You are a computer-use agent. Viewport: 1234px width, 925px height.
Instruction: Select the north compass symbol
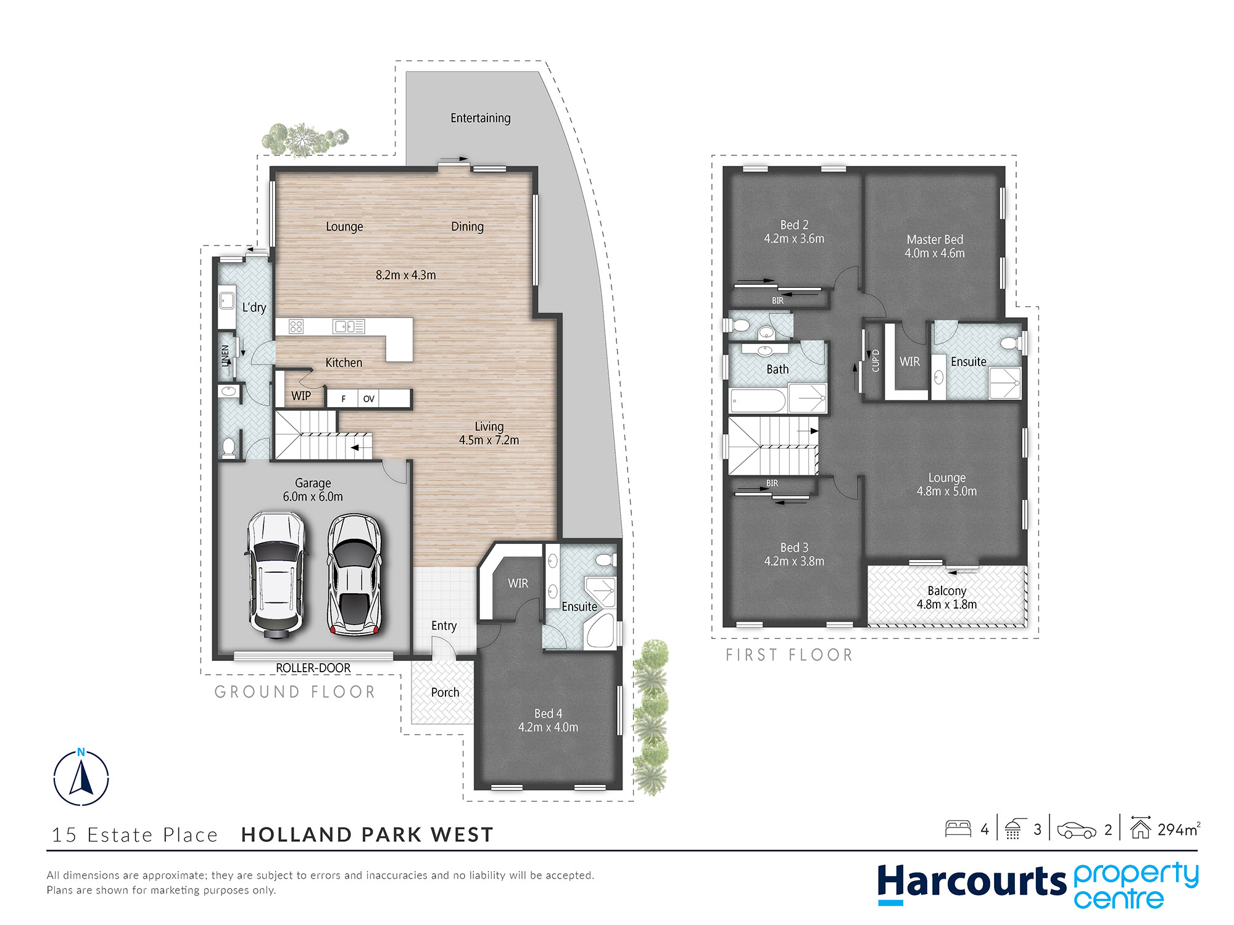81,777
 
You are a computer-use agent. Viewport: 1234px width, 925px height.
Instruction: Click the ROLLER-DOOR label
313,668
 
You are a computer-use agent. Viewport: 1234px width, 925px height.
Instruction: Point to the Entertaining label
481,118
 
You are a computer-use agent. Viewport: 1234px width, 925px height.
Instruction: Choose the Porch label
445,693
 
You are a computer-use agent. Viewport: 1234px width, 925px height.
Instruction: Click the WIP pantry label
301,396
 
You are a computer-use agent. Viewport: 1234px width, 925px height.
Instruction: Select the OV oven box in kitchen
368,399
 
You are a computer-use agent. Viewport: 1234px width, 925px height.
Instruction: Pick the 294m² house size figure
1179,829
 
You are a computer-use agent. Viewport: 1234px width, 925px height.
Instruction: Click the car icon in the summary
1077,830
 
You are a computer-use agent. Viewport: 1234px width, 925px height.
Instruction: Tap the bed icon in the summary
958,828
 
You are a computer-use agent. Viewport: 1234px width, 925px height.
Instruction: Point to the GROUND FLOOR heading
295,692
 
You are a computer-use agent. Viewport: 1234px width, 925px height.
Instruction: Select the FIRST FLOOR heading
789,655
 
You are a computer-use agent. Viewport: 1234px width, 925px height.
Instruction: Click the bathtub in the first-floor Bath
758,401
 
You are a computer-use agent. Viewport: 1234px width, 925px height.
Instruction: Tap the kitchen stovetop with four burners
296,326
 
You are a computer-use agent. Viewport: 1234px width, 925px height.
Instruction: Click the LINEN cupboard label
225,356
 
